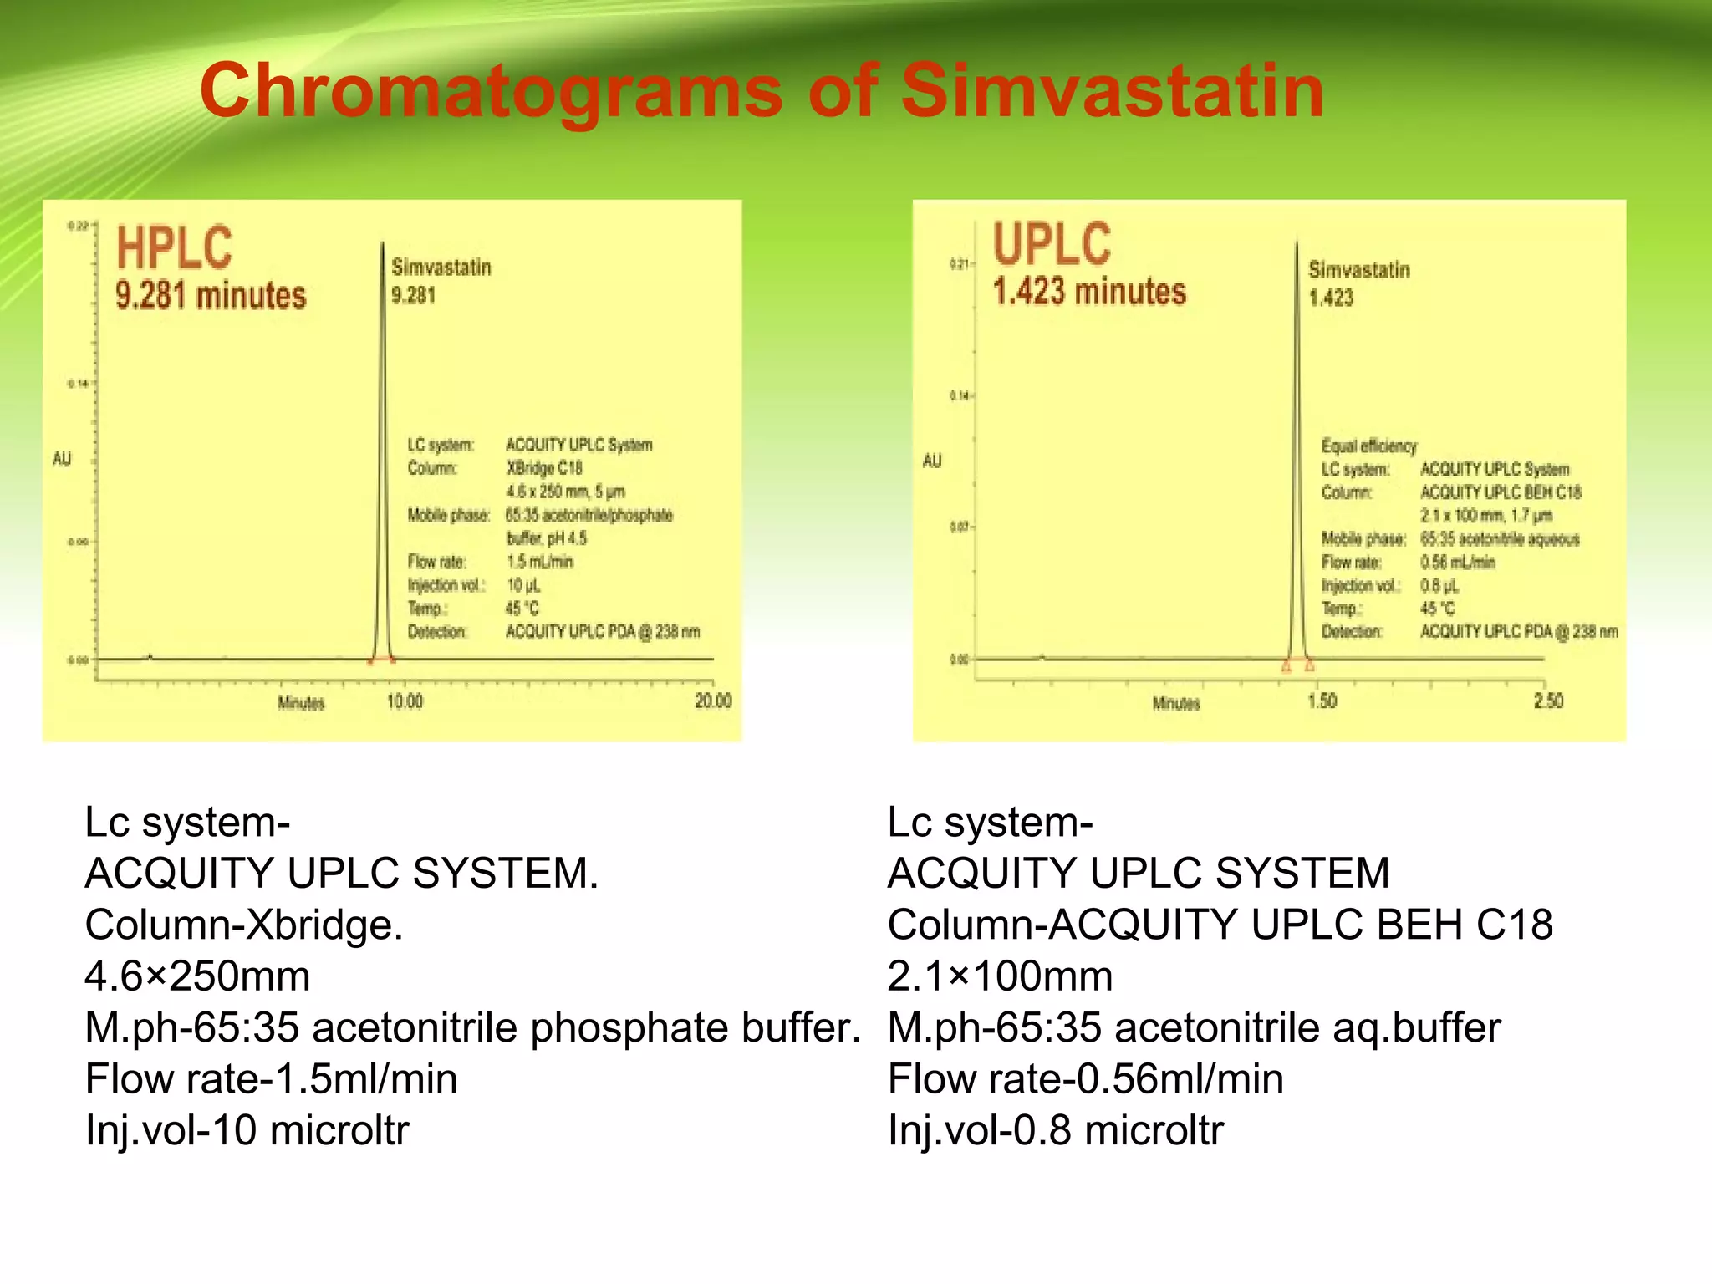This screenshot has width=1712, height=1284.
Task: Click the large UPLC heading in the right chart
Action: (x=1052, y=243)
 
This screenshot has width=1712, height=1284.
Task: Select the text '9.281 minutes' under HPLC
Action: (x=211, y=296)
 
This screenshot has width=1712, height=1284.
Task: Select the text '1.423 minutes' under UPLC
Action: (x=1089, y=292)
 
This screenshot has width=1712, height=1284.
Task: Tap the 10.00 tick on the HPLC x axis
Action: (x=405, y=701)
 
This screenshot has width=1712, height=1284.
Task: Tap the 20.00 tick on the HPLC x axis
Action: (x=712, y=701)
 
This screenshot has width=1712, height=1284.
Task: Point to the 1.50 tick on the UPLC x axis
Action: (x=1322, y=701)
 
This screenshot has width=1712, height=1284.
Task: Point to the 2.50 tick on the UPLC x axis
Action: (x=1547, y=701)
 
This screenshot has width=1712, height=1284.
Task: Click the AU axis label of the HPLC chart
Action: (x=62, y=459)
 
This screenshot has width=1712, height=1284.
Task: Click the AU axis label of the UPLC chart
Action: (x=932, y=461)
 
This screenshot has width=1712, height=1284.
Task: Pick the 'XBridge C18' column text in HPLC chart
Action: (x=544, y=468)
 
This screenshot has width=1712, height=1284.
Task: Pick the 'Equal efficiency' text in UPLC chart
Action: (x=1368, y=446)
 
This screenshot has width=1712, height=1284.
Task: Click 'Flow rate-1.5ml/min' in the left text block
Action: (x=271, y=1079)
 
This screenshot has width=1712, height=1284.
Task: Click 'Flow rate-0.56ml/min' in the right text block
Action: (x=1085, y=1079)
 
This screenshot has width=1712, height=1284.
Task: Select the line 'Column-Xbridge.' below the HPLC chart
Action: (x=244, y=925)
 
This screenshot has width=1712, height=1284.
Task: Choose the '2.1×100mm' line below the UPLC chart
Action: (x=1000, y=976)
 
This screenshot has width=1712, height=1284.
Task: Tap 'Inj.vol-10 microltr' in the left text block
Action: (x=247, y=1130)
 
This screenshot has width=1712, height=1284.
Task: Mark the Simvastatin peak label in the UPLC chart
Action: (x=1358, y=270)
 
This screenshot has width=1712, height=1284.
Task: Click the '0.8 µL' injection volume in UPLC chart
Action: (x=1438, y=585)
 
